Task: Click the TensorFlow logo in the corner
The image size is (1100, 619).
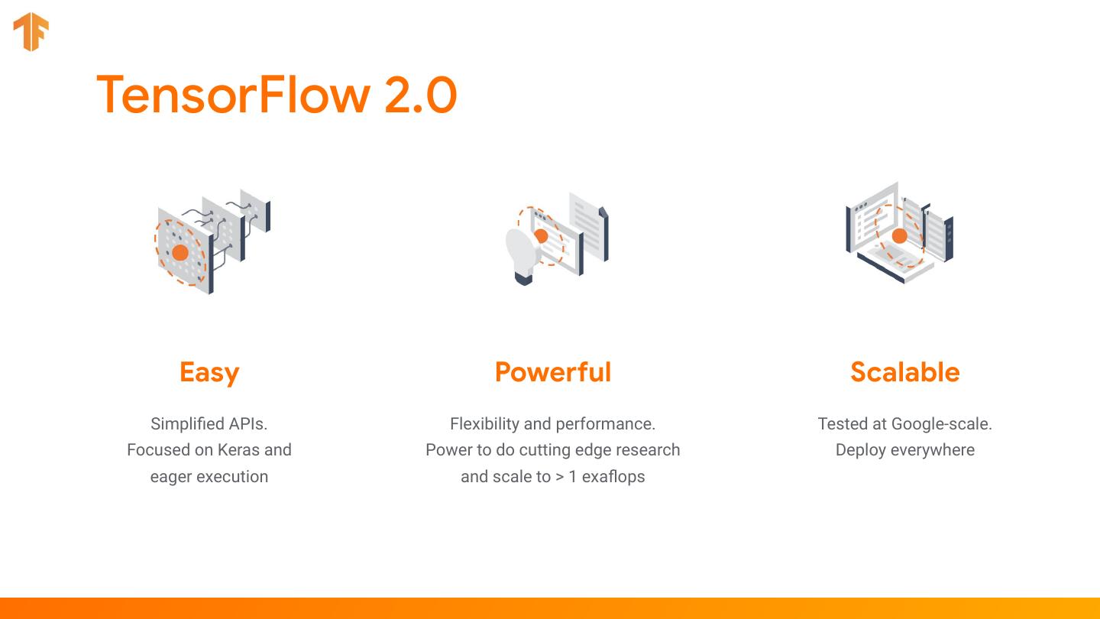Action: click(31, 31)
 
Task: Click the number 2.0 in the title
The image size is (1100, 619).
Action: click(421, 95)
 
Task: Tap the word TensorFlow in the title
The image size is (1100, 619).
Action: click(233, 94)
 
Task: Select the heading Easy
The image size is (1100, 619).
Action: click(209, 373)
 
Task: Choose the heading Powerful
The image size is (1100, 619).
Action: click(553, 372)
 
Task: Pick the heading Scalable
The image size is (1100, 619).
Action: click(905, 372)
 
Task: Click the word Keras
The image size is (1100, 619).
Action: click(238, 450)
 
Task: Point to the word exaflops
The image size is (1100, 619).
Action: click(613, 477)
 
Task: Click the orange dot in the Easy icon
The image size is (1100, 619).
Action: click(180, 252)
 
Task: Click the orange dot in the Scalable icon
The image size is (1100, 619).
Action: click(900, 236)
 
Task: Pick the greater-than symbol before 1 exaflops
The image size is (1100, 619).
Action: click(559, 477)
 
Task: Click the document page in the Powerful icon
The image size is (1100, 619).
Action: click(588, 226)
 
